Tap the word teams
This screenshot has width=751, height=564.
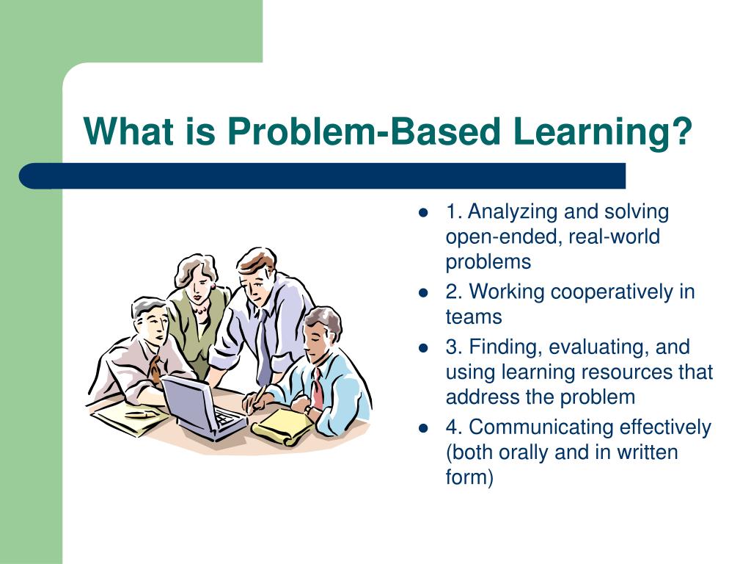pyautogui.click(x=474, y=317)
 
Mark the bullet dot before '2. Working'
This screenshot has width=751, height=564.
pyautogui.click(x=422, y=292)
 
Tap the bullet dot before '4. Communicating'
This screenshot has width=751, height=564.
pyautogui.click(x=422, y=428)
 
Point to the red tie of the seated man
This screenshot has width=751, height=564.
pyautogui.click(x=318, y=388)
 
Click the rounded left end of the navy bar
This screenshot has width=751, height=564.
pyautogui.click(x=25, y=176)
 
